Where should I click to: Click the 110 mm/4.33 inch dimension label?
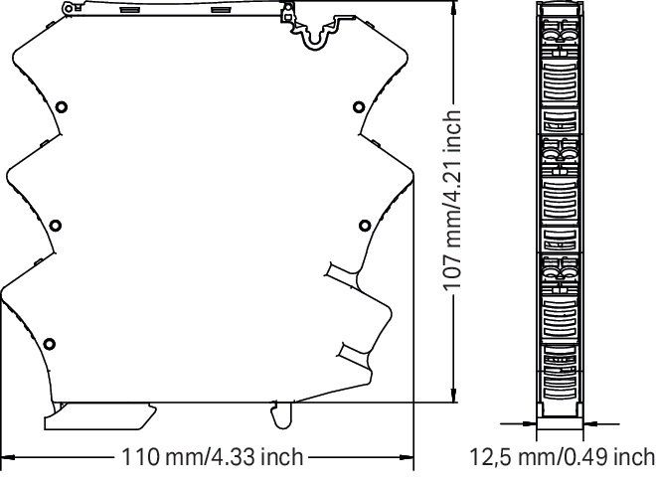212,457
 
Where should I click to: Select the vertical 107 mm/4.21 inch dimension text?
452,201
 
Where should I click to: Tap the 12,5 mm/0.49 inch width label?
563,457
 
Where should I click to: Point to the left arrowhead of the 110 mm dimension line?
8,457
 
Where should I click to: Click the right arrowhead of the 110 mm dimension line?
407,457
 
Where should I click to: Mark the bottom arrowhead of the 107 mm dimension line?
453,395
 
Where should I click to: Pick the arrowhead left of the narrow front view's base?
529,423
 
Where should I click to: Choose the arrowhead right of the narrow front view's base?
589,423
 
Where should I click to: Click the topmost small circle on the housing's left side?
62,107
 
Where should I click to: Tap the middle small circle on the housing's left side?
56,226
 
